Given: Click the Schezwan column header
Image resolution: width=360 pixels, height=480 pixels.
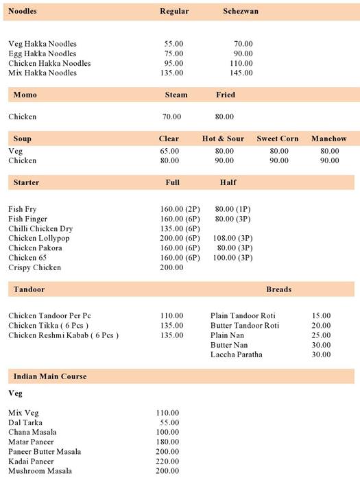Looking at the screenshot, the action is [x=241, y=12].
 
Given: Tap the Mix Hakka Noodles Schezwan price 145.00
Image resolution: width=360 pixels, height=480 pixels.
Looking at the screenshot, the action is [x=242, y=73].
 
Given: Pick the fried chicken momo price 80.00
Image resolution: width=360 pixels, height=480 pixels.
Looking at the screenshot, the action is [x=224, y=117].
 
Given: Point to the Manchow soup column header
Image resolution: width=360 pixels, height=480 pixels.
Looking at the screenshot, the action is [x=328, y=139].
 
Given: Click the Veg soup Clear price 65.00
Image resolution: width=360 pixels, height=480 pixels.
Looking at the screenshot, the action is [x=169, y=151].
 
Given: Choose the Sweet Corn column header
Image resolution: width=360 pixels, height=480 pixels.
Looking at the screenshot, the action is [x=278, y=139].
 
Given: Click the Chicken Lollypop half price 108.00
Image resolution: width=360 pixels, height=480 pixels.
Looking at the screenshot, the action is [x=234, y=238].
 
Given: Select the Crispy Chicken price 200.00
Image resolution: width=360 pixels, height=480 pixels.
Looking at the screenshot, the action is [x=171, y=267].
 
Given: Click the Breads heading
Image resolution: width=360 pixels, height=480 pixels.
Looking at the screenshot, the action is [x=278, y=289].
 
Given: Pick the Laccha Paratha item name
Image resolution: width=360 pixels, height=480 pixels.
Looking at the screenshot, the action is [x=236, y=355].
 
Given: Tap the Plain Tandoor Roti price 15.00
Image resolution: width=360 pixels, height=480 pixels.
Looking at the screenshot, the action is [x=321, y=315].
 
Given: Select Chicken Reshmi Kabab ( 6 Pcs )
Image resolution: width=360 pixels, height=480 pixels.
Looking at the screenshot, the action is [x=64, y=335].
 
